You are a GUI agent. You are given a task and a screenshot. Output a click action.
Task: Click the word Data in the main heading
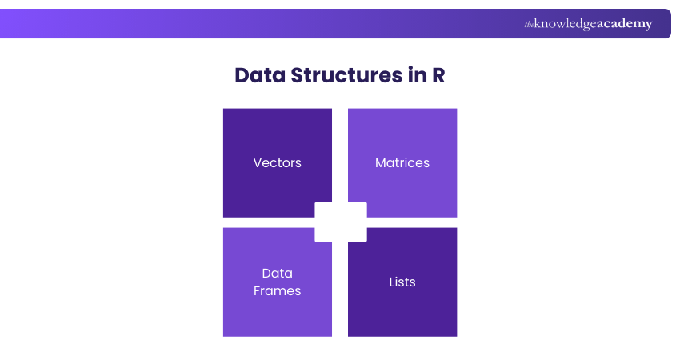coord(259,75)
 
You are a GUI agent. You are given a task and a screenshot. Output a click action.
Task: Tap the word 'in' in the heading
coord(418,75)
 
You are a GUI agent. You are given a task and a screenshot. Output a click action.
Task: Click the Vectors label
coord(277,162)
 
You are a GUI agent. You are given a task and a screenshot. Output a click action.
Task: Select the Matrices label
coord(402,162)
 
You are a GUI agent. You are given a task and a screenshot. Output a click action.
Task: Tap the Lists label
coord(402,282)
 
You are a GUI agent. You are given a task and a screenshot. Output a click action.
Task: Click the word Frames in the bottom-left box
coord(277,290)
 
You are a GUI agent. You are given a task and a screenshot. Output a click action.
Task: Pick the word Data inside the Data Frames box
coord(277,273)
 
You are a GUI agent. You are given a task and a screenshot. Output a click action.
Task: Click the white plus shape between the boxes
coord(341,222)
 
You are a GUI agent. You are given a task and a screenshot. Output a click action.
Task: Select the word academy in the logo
coord(625,24)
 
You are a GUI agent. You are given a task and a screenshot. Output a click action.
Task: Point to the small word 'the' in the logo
coord(530,25)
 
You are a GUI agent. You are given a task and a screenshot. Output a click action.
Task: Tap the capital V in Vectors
coord(258,162)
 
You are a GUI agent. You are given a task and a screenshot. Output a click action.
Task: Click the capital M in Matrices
coord(381,162)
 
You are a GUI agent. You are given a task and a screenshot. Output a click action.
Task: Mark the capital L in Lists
coord(392,282)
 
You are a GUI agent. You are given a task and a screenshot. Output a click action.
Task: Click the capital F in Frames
coord(257,290)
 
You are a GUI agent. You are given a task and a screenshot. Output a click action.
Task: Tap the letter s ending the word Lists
coord(413,282)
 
